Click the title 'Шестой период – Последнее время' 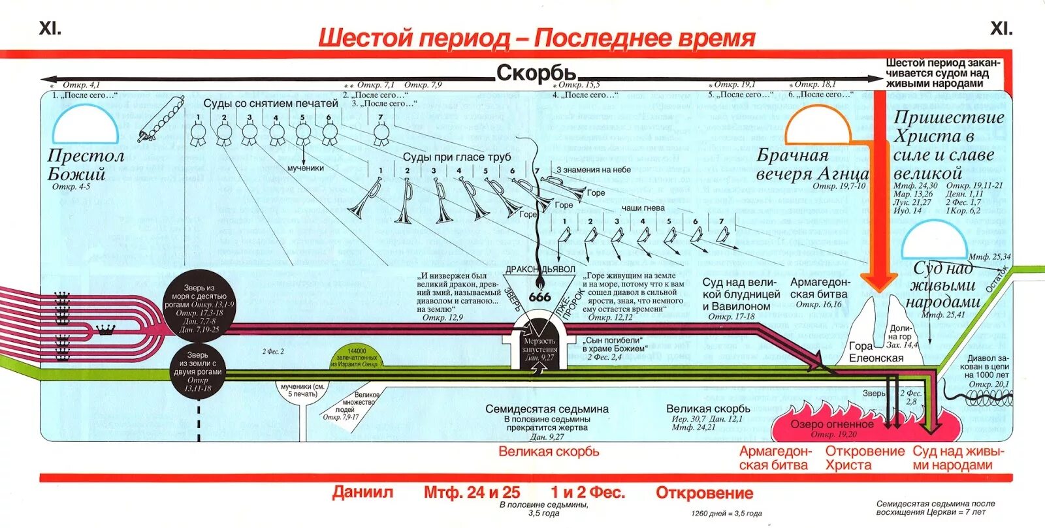pyautogui.click(x=536, y=38)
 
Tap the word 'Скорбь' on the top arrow pyautogui.click(x=536, y=73)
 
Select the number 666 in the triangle pyautogui.click(x=539, y=297)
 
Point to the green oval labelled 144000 pyautogui.click(x=357, y=360)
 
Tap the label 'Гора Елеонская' pyautogui.click(x=876, y=352)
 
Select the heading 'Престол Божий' pyautogui.click(x=86, y=164)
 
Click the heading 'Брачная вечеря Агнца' pyautogui.click(x=812, y=164)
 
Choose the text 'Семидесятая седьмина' pyautogui.click(x=547, y=409)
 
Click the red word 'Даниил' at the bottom pyautogui.click(x=362, y=492)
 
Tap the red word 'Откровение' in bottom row pyautogui.click(x=704, y=493)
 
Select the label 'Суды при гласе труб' pyautogui.click(x=457, y=157)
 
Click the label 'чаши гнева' pyautogui.click(x=643, y=208)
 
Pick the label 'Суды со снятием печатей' pyautogui.click(x=270, y=103)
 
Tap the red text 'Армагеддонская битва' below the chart pyautogui.click(x=775, y=458)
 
